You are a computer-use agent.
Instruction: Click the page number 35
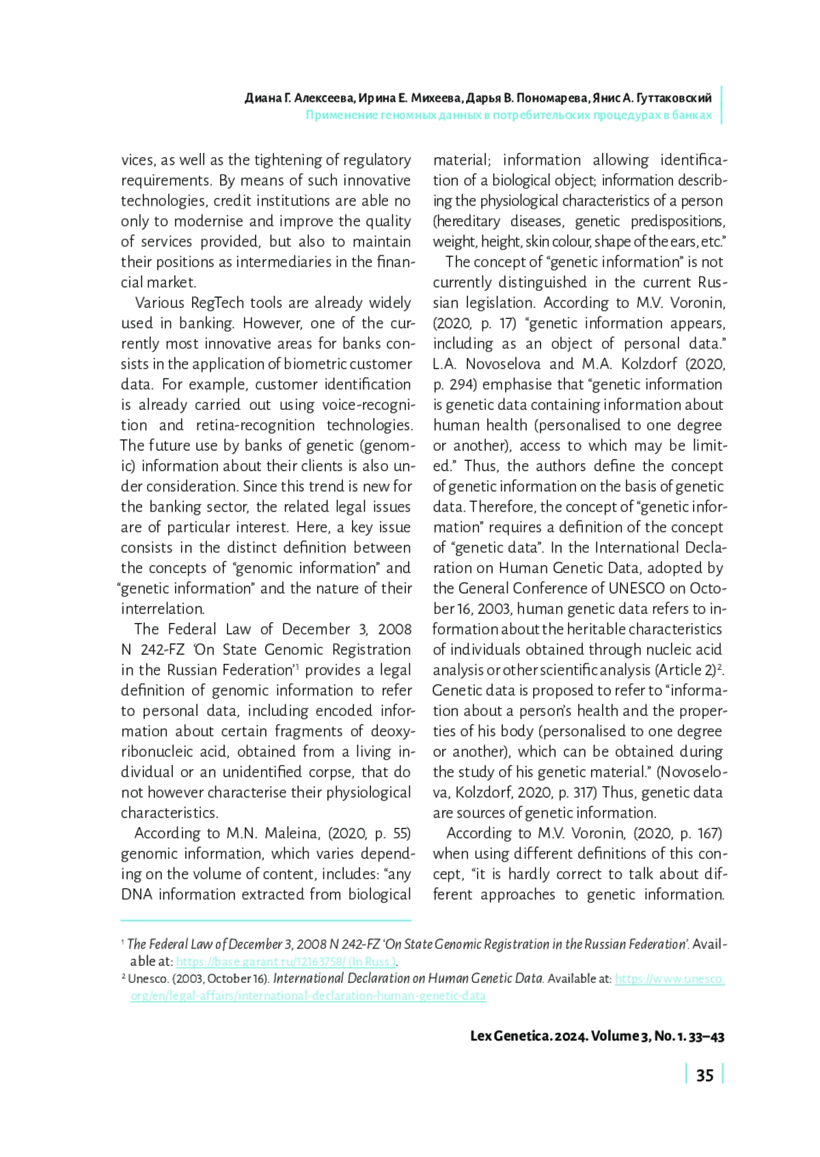[705, 1076]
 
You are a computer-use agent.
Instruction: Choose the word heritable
[592, 630]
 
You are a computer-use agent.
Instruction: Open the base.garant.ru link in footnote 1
[286, 962]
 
